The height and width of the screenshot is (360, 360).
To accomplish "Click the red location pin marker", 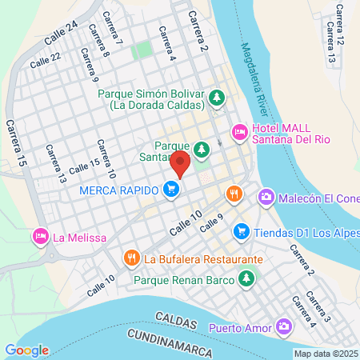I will (x=180, y=164).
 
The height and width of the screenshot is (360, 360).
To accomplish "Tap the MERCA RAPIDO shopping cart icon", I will (x=170, y=190).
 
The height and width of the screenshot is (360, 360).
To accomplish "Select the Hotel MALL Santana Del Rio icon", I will (x=238, y=131).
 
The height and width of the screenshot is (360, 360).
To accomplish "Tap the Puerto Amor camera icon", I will (x=284, y=326).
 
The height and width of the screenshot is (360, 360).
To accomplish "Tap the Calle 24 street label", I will (x=61, y=33).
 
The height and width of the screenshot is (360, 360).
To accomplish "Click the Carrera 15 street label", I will (x=14, y=144).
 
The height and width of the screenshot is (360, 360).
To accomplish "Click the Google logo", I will (x=26, y=350).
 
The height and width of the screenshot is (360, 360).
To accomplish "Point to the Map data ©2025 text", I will (x=326, y=354).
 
